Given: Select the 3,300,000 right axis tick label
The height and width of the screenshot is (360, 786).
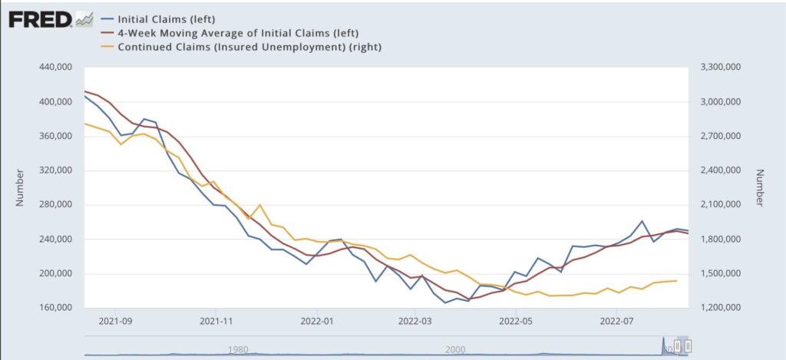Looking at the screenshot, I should [725, 68].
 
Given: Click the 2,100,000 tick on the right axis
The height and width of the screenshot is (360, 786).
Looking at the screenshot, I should [725, 205].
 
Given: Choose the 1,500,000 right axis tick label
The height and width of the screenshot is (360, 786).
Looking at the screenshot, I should [725, 274].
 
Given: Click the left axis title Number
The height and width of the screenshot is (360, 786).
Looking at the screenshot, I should [21, 188].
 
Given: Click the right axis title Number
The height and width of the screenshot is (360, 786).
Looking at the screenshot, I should [760, 188].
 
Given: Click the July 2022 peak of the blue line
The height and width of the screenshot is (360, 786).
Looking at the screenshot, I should [642, 221].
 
